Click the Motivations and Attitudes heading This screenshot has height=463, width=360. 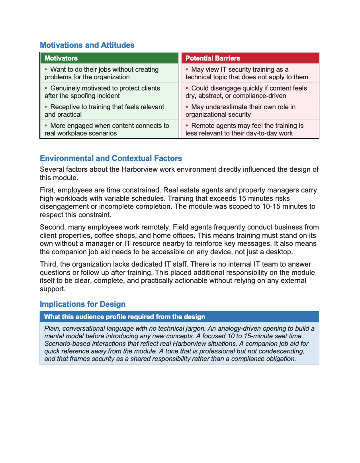pyautogui.click(x=87, y=45)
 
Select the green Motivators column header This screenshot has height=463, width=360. pyautogui.click(x=109, y=58)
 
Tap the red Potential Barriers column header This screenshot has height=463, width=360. pyautogui.click(x=250, y=58)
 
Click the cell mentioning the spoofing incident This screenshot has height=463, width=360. pyautogui.click(x=109, y=92)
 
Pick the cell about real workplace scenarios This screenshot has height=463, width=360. pyautogui.click(x=109, y=129)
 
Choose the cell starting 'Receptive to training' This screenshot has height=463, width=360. pyautogui.click(x=109, y=110)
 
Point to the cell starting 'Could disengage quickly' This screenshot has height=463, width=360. pyautogui.click(x=250, y=92)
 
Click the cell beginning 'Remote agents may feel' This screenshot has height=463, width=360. pyautogui.click(x=250, y=129)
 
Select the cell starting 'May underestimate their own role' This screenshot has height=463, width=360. pyautogui.click(x=250, y=110)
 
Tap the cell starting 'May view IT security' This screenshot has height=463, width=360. pyautogui.click(x=250, y=73)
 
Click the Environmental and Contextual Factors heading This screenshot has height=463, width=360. pyautogui.click(x=111, y=158)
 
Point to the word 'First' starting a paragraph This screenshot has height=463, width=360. pyautogui.click(x=47, y=190)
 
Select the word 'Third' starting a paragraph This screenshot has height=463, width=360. pyautogui.click(x=48, y=264)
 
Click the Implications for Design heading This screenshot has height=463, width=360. pyautogui.click(x=82, y=304)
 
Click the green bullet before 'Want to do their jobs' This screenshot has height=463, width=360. pyautogui.click(x=46, y=69)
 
